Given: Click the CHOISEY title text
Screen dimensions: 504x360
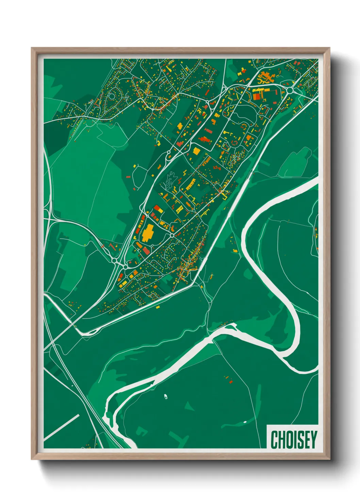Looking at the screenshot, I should [294, 439].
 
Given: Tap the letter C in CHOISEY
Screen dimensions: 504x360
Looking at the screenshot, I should [274, 439].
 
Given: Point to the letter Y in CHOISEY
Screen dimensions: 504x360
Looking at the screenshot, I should [313, 439].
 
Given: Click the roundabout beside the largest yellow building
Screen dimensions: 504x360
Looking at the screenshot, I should [172, 235].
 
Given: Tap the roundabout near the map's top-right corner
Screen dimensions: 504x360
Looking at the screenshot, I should [289, 90].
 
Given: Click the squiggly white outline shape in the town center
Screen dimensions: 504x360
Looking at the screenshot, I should [170, 180].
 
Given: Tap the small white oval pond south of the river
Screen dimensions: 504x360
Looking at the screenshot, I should [165, 396].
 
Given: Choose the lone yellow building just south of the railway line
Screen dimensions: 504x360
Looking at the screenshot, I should [158, 307].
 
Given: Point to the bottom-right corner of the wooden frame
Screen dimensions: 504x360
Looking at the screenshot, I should [329, 459].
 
